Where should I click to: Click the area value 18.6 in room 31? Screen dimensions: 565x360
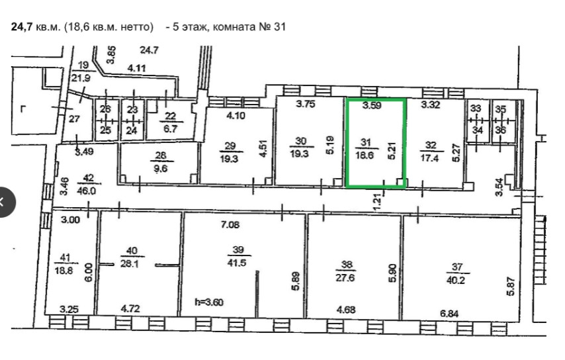click(365, 156)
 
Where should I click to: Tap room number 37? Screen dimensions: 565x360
click(457, 267)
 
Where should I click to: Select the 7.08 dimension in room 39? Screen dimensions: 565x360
click(230, 225)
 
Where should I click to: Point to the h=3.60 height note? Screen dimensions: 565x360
click(209, 302)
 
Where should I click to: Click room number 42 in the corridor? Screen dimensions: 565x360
click(88, 177)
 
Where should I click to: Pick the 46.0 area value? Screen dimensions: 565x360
click(87, 191)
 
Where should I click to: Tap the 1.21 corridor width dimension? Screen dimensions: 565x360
click(377, 202)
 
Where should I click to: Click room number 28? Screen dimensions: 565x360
click(161, 156)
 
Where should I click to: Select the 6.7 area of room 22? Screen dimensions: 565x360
click(170, 128)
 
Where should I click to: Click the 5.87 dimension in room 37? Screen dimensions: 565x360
click(511, 287)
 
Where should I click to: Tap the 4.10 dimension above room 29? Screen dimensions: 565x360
click(236, 116)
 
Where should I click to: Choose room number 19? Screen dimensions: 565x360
click(83, 66)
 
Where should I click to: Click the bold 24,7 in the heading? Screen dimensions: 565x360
click(22, 27)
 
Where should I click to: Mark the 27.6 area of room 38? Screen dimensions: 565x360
click(345, 278)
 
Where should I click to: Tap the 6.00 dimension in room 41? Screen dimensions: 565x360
click(89, 272)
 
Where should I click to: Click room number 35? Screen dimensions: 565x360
click(501, 109)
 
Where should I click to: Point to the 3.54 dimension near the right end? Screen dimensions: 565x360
click(499, 187)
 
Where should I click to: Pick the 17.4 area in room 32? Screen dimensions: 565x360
click(429, 158)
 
